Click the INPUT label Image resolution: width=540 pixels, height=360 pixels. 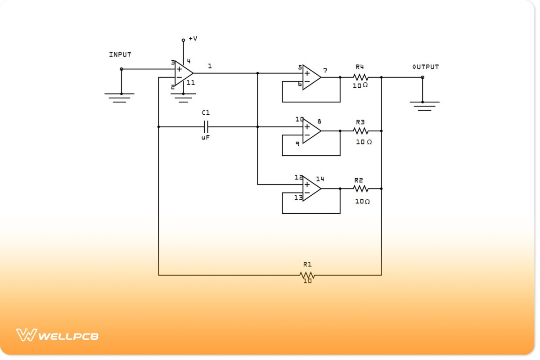click(x=120, y=54)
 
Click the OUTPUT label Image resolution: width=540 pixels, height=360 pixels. click(x=425, y=67)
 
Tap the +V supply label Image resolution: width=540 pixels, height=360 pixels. click(x=193, y=39)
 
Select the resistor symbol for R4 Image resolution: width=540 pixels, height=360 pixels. click(x=360, y=77)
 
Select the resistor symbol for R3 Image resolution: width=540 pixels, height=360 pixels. click(x=360, y=131)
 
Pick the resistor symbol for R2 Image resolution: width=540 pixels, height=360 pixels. click(x=360, y=189)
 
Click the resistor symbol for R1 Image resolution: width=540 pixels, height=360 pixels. click(x=307, y=275)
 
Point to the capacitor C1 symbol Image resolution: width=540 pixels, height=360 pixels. click(x=206, y=126)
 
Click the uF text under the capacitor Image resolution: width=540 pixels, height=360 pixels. click(x=206, y=138)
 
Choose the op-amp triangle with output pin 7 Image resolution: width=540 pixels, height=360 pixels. click(x=310, y=77)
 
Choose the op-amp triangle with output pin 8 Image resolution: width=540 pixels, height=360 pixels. click(x=310, y=131)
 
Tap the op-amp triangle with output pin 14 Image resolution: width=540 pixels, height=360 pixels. click(x=310, y=189)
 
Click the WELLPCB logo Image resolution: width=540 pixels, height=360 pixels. click(x=58, y=335)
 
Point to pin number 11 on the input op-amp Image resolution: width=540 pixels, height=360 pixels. click(x=191, y=83)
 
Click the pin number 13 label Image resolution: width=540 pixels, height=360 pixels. click(x=298, y=198)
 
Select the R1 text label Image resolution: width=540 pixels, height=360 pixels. click(x=307, y=265)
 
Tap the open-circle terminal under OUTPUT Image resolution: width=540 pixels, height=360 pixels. click(x=422, y=77)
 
